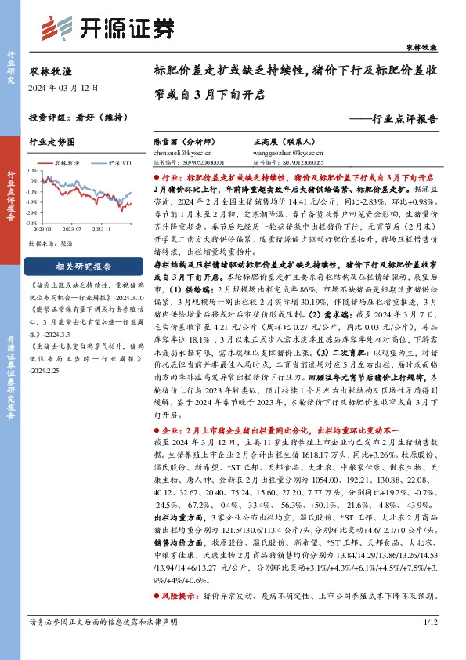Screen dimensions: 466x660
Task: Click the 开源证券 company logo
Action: pyautogui.click(x=106, y=27)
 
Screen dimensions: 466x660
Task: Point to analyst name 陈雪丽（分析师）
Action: pyautogui.click(x=182, y=142)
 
